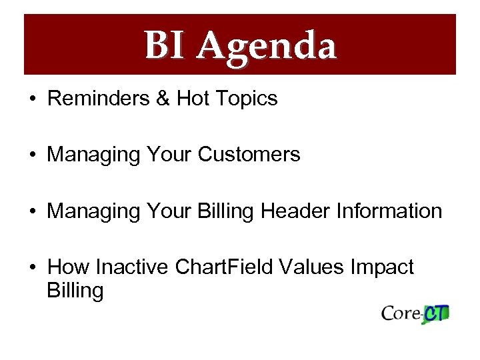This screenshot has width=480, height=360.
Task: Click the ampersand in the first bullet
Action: (162, 99)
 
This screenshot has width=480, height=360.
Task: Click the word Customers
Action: (249, 155)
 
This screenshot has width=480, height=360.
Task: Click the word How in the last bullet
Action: (69, 267)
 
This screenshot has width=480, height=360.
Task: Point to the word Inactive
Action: (133, 267)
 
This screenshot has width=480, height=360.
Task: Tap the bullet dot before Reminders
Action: (32, 99)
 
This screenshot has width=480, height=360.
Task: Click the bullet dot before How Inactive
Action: (32, 268)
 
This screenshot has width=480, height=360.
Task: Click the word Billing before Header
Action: (227, 212)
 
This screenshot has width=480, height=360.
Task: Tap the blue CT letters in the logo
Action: (437, 313)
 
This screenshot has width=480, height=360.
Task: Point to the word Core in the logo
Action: (401, 313)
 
